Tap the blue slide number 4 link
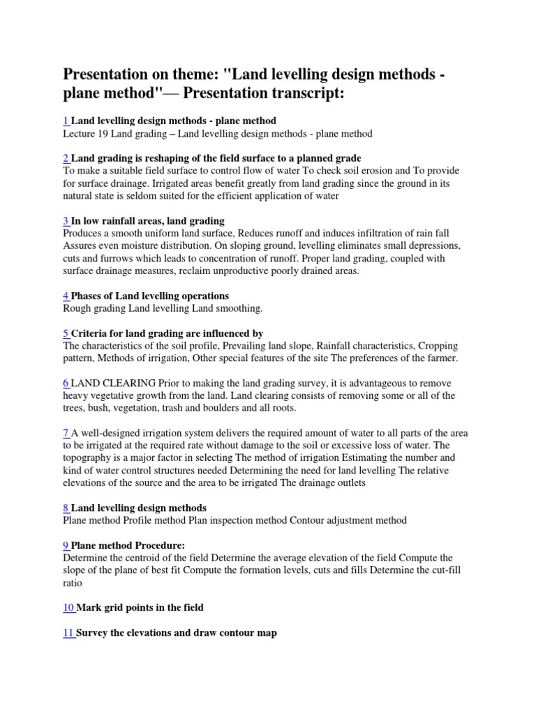(x=66, y=296)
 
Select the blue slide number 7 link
(x=66, y=433)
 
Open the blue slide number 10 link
(x=68, y=607)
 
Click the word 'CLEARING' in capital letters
(x=131, y=383)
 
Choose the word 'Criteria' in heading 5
(x=91, y=333)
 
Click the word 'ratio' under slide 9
(x=73, y=583)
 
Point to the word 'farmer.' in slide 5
(x=440, y=358)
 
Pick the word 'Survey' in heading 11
(x=93, y=633)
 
